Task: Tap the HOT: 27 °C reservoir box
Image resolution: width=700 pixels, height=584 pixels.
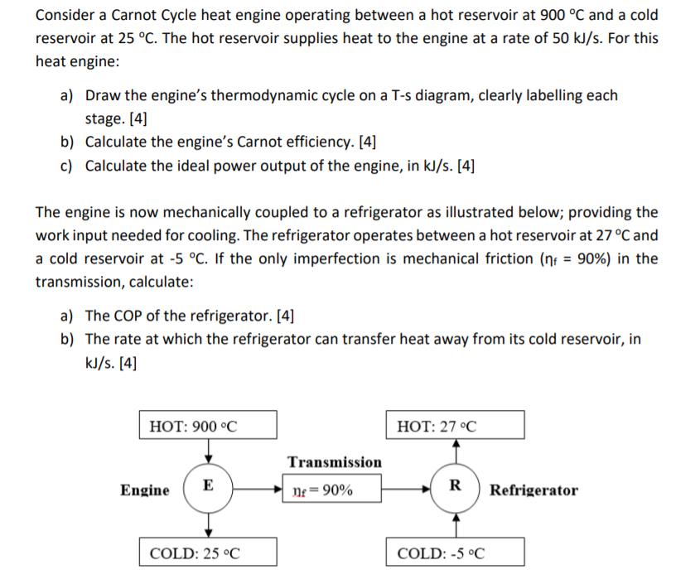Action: (455, 426)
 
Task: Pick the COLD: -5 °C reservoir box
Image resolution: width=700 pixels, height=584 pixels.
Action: (455, 552)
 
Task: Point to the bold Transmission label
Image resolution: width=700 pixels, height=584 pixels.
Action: (335, 461)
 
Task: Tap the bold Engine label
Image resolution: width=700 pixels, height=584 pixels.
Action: (146, 490)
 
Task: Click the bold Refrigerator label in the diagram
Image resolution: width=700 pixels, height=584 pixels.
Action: (533, 490)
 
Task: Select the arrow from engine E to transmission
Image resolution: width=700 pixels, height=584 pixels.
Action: (258, 489)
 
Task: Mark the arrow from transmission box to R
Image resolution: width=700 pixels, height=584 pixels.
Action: (406, 489)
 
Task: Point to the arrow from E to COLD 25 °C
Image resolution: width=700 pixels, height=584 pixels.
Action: (209, 522)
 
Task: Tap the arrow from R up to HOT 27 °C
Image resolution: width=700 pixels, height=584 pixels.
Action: (455, 452)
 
